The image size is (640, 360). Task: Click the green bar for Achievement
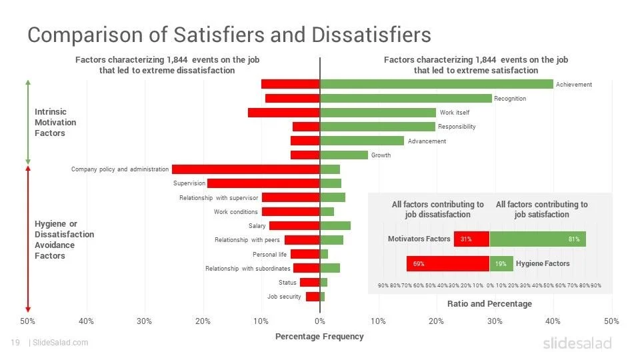click(437, 84)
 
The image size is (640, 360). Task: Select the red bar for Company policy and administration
click(246, 169)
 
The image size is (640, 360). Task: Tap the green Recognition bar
click(406, 98)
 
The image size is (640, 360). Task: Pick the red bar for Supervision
click(263, 183)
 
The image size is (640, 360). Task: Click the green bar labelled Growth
click(344, 155)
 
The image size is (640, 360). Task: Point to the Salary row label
click(257, 226)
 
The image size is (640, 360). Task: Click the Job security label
click(284, 297)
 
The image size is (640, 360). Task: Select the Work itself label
click(454, 113)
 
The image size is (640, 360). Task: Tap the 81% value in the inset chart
click(574, 239)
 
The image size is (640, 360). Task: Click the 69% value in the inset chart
click(419, 264)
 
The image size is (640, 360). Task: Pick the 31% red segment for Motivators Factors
click(471, 239)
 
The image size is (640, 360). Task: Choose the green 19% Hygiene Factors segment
click(501, 264)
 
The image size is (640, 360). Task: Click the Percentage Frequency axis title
click(319, 337)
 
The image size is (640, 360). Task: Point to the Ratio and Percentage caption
click(489, 304)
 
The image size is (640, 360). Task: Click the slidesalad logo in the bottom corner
click(577, 343)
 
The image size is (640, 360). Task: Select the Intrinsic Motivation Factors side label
click(55, 123)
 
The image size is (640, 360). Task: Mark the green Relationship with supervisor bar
click(333, 197)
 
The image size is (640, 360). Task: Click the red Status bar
click(310, 283)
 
